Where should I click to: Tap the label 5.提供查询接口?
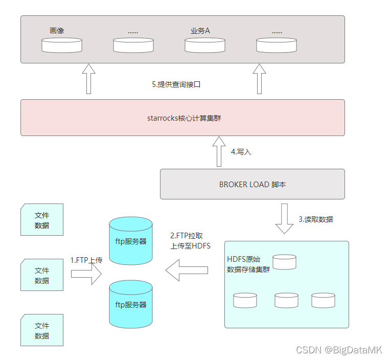coord(176,84)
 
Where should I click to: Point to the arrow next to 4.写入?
coord(219,151)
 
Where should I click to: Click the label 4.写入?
coord(241,152)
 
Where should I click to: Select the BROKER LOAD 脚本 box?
coord(253,184)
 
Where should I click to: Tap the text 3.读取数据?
coord(316,219)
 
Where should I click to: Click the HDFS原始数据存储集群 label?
coord(248,264)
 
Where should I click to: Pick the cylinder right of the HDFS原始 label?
coord(284,262)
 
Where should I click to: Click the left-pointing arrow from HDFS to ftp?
coord(187,269)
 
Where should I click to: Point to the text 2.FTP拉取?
coord(187,236)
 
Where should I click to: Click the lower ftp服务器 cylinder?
coord(131,304)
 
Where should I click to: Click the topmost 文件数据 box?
coord(42,220)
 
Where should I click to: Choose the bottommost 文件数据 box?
coord(42,330)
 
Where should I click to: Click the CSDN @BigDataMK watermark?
coord(339,350)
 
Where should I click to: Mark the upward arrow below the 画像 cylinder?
coord(88,79)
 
